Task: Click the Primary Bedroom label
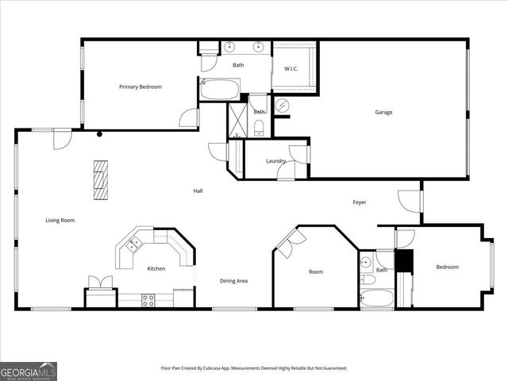[x=140, y=87]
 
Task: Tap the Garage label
[x=383, y=112]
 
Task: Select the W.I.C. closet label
[x=291, y=69]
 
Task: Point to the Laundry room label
[x=275, y=161]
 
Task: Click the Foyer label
[x=360, y=202]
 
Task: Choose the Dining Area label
[x=233, y=281]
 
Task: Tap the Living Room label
[x=60, y=220]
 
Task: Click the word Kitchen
[x=156, y=268]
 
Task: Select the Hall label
[x=198, y=190]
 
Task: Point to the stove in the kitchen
[x=148, y=299]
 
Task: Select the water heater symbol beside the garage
[x=283, y=105]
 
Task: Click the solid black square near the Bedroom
[x=404, y=261]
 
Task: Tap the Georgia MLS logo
[x=29, y=371]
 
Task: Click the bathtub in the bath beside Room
[x=375, y=299]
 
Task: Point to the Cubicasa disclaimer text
[x=254, y=368]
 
